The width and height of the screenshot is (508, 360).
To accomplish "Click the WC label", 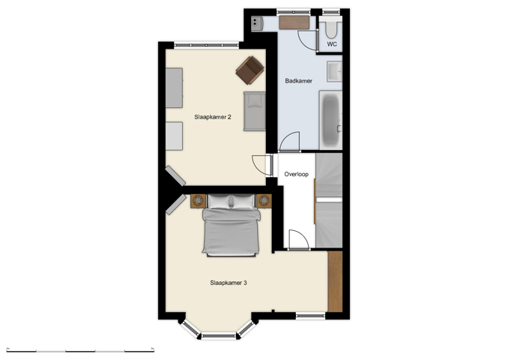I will (332, 44).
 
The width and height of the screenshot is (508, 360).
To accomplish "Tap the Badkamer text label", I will (299, 80).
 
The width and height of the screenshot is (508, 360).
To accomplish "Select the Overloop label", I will (297, 174).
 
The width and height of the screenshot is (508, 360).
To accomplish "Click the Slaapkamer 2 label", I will (212, 116).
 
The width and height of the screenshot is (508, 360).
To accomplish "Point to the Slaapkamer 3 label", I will (229, 283).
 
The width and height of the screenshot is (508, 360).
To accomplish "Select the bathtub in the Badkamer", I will (331, 120).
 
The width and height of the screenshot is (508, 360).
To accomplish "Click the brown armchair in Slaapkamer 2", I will (250, 70).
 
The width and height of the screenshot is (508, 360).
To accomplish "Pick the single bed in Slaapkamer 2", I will (255, 111).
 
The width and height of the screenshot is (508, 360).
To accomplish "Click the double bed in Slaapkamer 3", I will (232, 225).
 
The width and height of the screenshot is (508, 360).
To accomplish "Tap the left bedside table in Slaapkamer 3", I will (199, 200).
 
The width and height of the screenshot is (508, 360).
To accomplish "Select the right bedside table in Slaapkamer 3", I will (264, 200).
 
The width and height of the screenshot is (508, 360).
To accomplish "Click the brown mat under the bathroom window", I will (294, 22).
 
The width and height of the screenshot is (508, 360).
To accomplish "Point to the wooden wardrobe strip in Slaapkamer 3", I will (335, 281).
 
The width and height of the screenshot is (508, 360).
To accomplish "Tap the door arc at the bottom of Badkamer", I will (290, 141).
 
